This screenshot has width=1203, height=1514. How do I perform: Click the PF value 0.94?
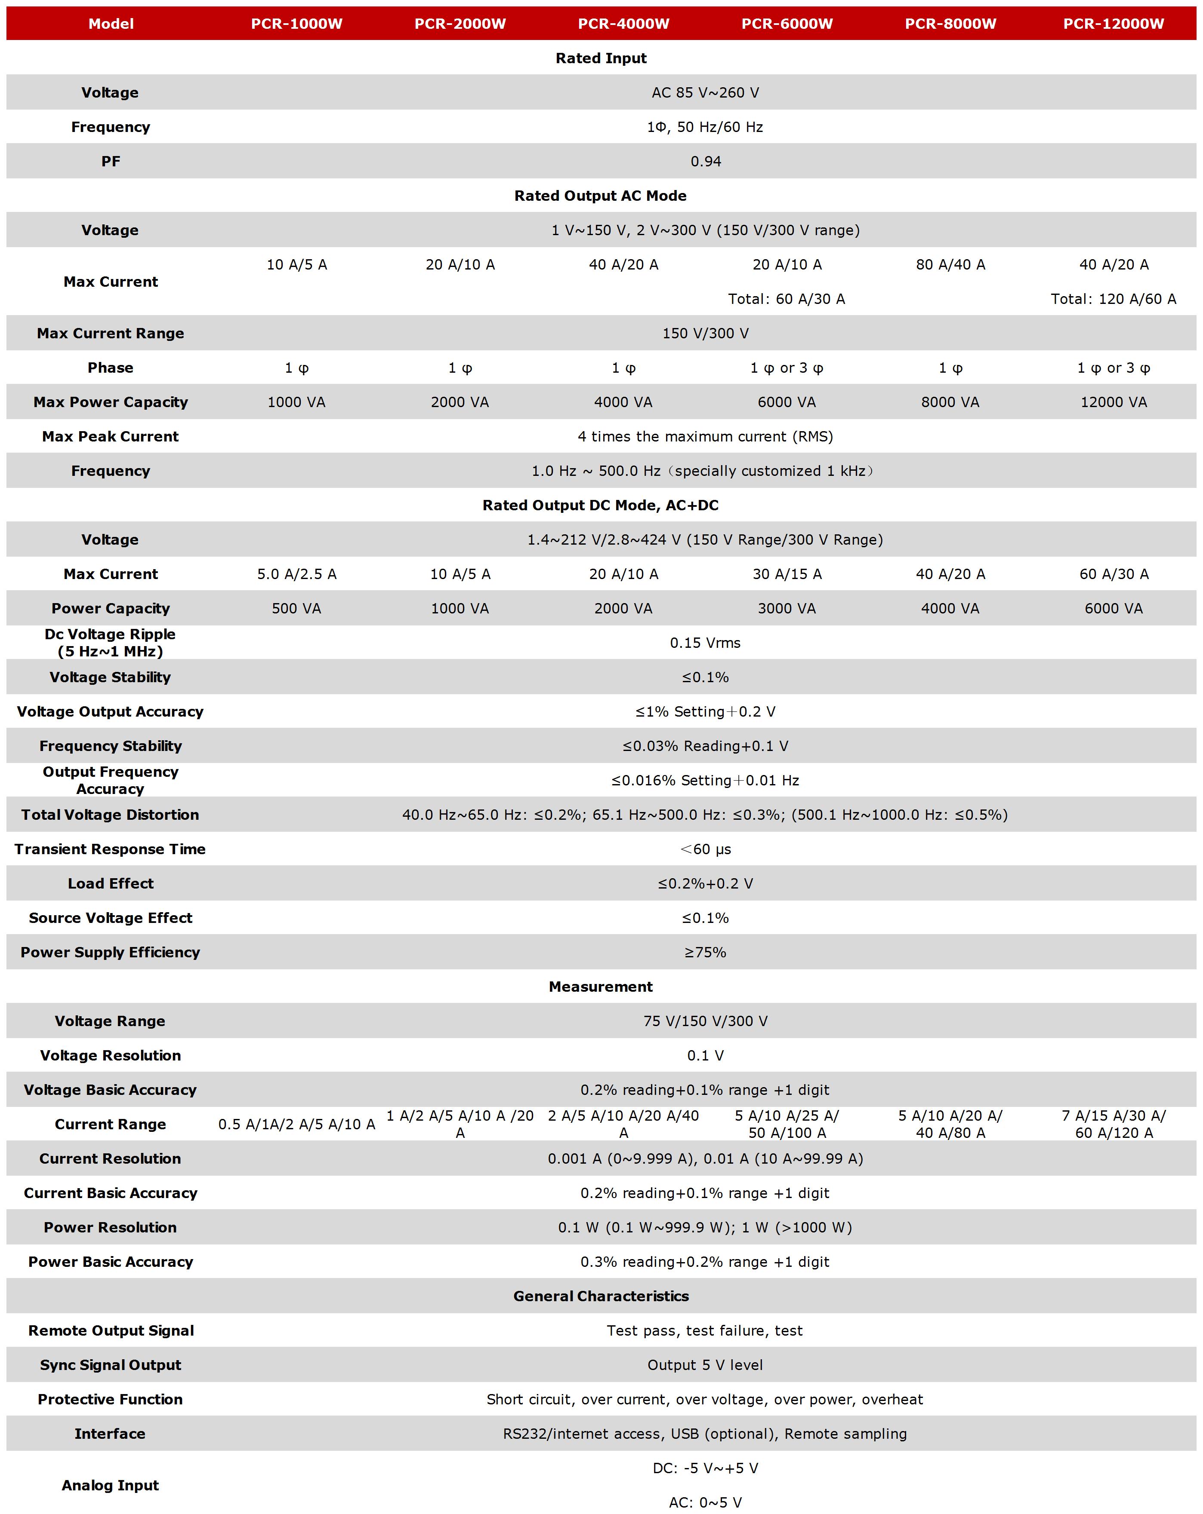(706, 162)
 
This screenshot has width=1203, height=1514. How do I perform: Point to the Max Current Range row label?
(110, 334)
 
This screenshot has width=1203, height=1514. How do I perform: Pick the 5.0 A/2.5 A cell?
(296, 574)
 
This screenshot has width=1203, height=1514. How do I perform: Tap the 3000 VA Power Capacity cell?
(787, 609)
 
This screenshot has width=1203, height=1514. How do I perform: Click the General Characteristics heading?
(601, 1297)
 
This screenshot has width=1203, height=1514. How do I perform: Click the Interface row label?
(110, 1434)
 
